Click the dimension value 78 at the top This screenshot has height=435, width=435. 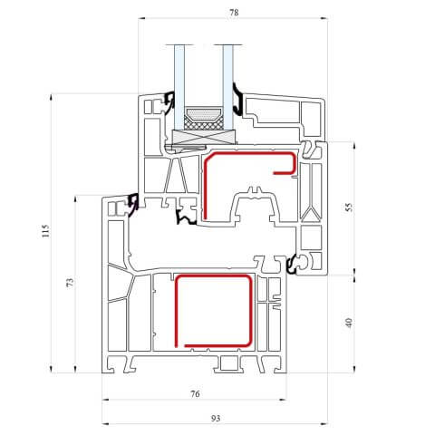[x=234, y=13]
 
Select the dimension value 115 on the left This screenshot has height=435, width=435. [x=45, y=231]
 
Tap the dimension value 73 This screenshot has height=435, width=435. [x=70, y=283]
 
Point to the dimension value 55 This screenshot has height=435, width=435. [x=349, y=208]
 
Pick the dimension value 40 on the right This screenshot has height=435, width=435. [x=349, y=323]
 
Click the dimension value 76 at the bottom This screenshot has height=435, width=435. [x=195, y=393]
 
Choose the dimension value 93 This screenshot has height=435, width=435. [x=216, y=419]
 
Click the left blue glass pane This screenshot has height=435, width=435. [x=179, y=88]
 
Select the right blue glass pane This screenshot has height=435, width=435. [x=227, y=88]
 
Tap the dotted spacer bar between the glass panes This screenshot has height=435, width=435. [x=204, y=113]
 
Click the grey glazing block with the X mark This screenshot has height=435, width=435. [x=204, y=137]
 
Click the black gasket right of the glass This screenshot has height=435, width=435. [x=238, y=100]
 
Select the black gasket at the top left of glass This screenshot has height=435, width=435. [x=169, y=102]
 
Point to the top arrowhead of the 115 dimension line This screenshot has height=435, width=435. [x=51, y=97]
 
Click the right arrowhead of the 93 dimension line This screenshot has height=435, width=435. [x=324, y=424]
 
